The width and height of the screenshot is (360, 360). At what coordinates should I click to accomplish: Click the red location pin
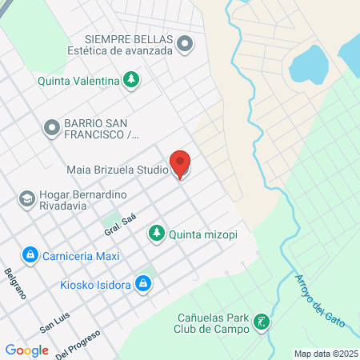181,163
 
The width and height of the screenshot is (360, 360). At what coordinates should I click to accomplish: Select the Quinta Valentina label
78,80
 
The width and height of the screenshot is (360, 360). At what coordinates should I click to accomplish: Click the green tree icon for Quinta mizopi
157,234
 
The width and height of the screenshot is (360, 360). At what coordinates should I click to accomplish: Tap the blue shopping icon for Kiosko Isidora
143,283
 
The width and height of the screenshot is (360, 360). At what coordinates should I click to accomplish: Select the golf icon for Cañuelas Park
260,323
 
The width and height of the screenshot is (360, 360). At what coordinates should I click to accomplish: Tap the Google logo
26,350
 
